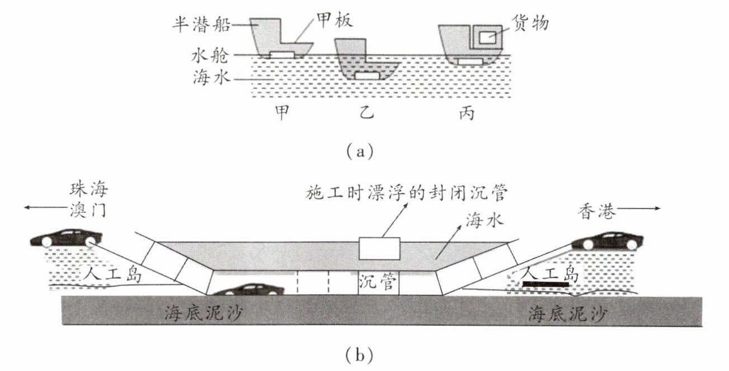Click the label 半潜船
click(x=201, y=25)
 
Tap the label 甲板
click(x=334, y=20)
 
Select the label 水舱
click(x=210, y=56)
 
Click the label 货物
click(x=530, y=23)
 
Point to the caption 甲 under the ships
click(x=282, y=112)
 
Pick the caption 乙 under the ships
click(x=367, y=112)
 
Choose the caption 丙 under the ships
click(x=467, y=113)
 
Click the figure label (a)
click(x=360, y=151)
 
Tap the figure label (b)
click(x=359, y=355)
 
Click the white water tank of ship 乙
click(x=368, y=76)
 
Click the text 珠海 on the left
click(x=88, y=189)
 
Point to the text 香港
click(x=597, y=211)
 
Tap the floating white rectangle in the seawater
click(x=379, y=249)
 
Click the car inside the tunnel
click(x=248, y=289)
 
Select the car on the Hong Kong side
click(x=607, y=241)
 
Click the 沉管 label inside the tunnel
click(x=378, y=281)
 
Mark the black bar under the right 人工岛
click(x=546, y=284)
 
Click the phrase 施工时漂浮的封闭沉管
click(x=407, y=193)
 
